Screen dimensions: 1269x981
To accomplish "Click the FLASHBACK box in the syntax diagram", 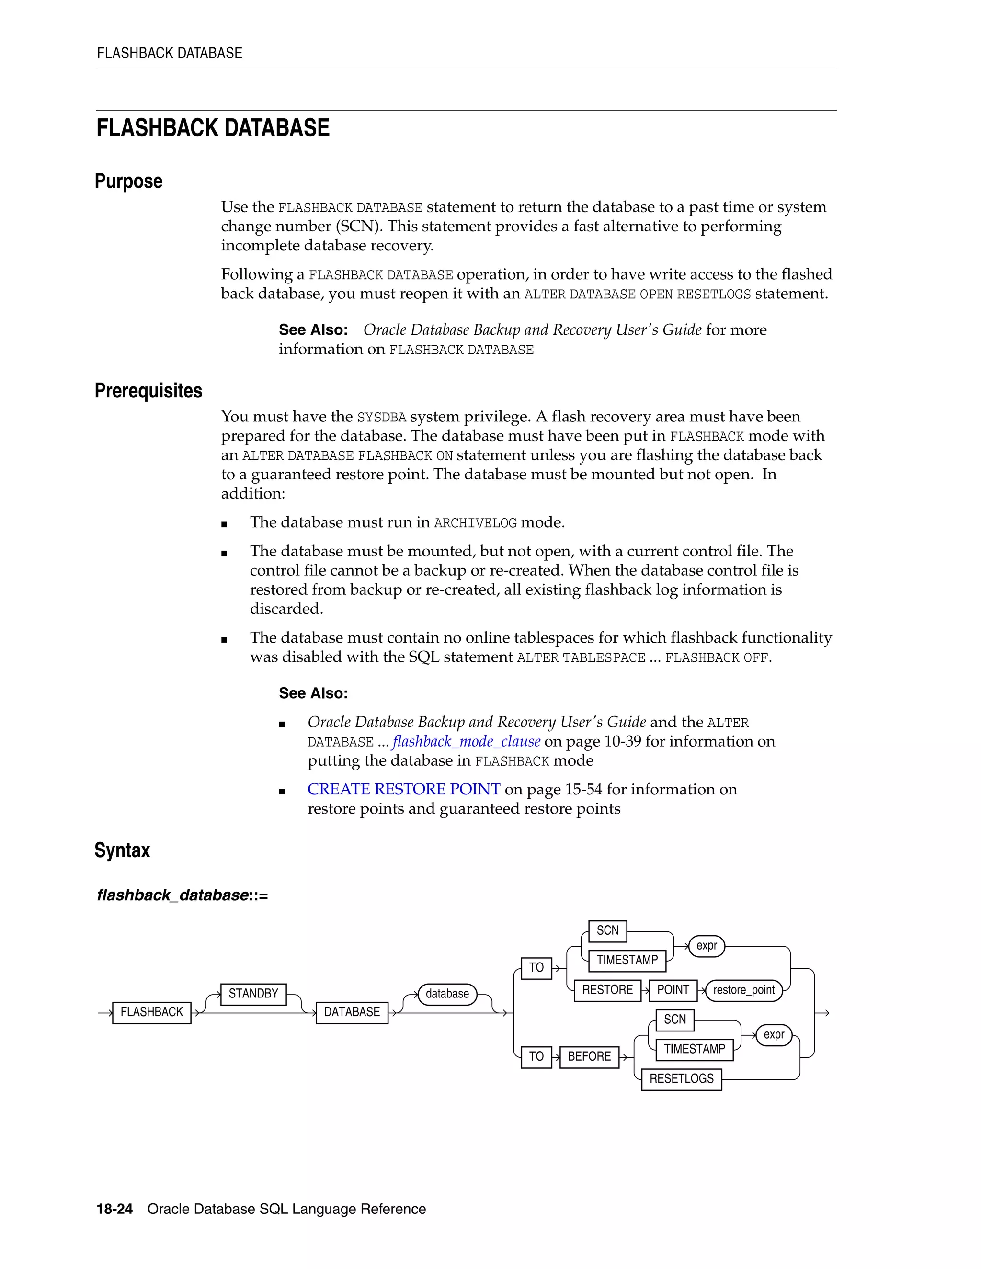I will [152, 1012].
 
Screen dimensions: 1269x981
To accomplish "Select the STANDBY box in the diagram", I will [253, 994].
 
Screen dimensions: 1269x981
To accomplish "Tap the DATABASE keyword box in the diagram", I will [352, 1012].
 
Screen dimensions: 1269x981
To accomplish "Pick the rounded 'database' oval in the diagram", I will [447, 994].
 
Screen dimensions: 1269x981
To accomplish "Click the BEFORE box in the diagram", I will [589, 1056].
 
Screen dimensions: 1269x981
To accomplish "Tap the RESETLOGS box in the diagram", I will [681, 1079].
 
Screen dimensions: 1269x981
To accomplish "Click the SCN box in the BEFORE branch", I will [675, 1019].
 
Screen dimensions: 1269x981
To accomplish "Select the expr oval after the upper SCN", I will [706, 945].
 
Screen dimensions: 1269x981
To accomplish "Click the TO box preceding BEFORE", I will [536, 1056].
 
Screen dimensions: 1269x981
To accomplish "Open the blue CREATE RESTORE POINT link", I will [403, 789].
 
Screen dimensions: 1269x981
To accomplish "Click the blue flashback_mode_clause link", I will [466, 741].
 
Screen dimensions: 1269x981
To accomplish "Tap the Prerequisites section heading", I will [148, 390].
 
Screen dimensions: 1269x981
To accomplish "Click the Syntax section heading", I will [122, 850].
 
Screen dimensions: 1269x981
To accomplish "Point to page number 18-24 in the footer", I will [114, 1209].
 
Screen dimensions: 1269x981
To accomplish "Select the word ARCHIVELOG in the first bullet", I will [475, 523].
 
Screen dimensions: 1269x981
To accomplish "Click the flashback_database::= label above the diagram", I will [183, 895].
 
